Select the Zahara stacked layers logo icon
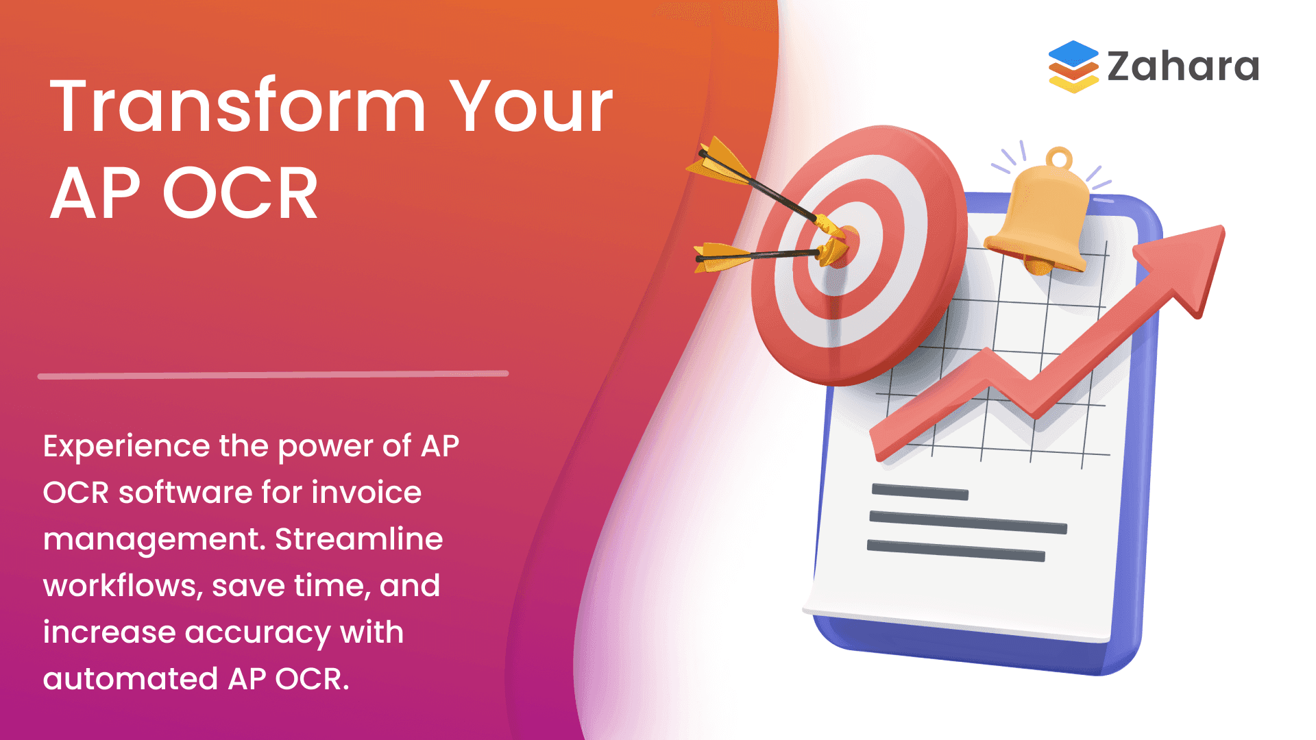coord(1073,66)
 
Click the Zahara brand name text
coord(1183,66)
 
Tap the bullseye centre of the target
coord(842,247)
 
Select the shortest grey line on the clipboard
coord(920,492)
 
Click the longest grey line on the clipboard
coord(968,521)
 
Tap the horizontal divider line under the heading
coord(273,375)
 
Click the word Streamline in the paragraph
coord(359,539)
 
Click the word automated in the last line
coord(130,679)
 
